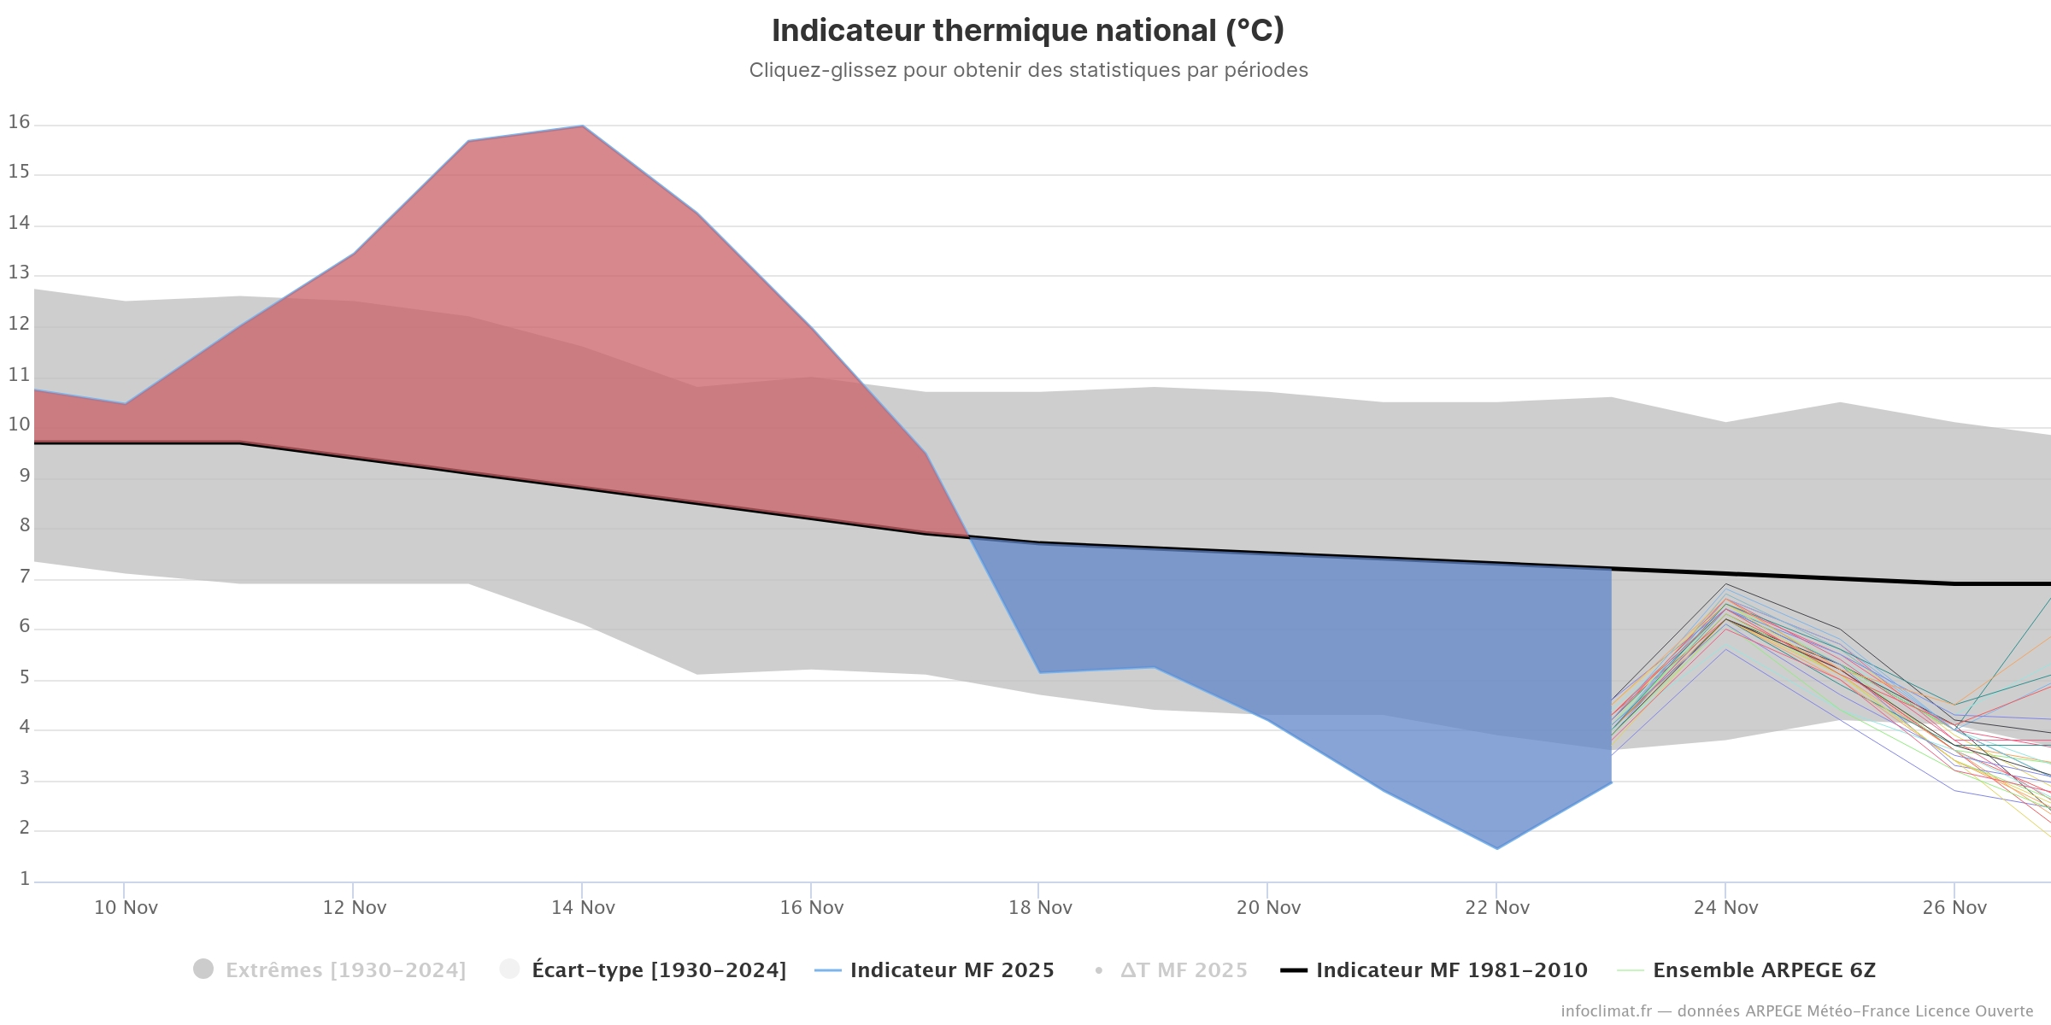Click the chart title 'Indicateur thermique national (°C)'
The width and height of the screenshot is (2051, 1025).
pos(1028,31)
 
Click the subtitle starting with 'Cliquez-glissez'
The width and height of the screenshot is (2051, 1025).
pos(1028,70)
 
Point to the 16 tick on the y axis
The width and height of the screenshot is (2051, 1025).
pos(19,122)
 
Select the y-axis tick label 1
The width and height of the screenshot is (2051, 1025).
pos(25,879)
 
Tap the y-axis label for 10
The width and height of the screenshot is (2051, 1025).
pos(19,425)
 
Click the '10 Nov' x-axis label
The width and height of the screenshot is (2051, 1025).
pos(126,907)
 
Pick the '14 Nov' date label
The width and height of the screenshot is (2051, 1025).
pos(583,907)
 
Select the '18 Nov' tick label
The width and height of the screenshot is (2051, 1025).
pos(1040,907)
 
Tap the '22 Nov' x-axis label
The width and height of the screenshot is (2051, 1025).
pos(1497,907)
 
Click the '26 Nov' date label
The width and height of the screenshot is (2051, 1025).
pos(1954,907)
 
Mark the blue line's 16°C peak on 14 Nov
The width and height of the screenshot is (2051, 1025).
pos(583,126)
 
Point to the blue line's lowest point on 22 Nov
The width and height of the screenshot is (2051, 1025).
pos(1496,848)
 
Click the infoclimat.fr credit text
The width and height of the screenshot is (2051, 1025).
pos(1796,1011)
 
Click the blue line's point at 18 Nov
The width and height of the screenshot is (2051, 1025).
pos(1039,673)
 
